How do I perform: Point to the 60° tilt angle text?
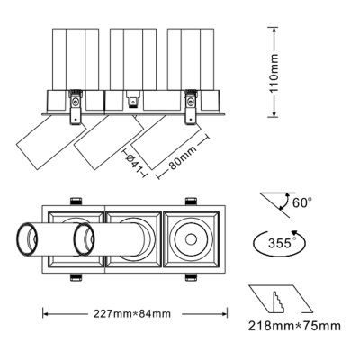(302, 202)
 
